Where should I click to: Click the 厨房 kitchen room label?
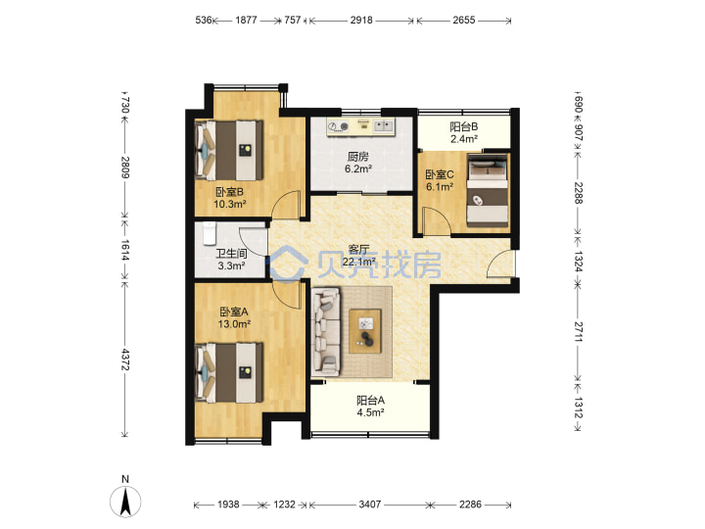(x=358, y=157)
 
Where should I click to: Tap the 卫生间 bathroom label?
(x=231, y=254)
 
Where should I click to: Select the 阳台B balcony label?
(x=464, y=126)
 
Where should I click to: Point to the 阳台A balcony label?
(x=370, y=401)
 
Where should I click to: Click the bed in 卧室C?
(x=488, y=190)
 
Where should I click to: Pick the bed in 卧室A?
(x=229, y=373)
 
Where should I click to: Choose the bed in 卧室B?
(x=229, y=150)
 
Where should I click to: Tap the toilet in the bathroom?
(x=210, y=233)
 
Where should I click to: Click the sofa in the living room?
(x=326, y=332)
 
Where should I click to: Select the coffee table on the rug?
(x=365, y=331)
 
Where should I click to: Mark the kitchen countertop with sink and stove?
(x=360, y=126)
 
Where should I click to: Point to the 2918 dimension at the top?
(x=361, y=21)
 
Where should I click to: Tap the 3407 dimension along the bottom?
(x=369, y=505)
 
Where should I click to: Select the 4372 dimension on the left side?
(x=125, y=360)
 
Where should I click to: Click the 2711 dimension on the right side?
(x=579, y=331)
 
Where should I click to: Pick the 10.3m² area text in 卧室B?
(x=230, y=204)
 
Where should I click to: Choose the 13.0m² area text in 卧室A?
(x=234, y=323)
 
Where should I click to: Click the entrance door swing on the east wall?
(x=500, y=264)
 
